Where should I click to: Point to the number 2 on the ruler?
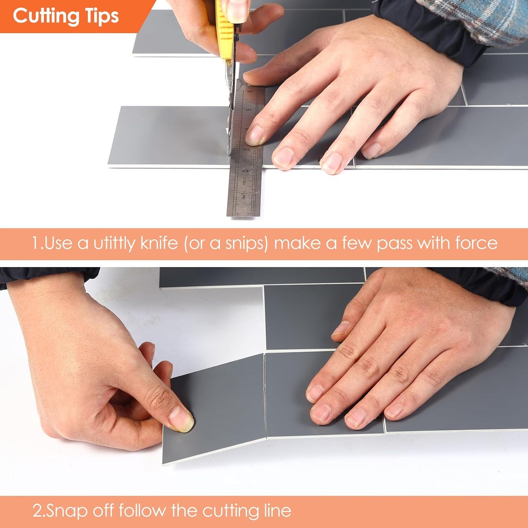click(246, 170)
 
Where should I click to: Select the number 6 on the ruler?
click(250, 91)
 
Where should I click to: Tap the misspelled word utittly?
click(114, 243)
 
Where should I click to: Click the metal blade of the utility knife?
click(231, 110)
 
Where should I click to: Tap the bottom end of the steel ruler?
click(243, 216)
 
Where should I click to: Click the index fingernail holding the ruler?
click(255, 135)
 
